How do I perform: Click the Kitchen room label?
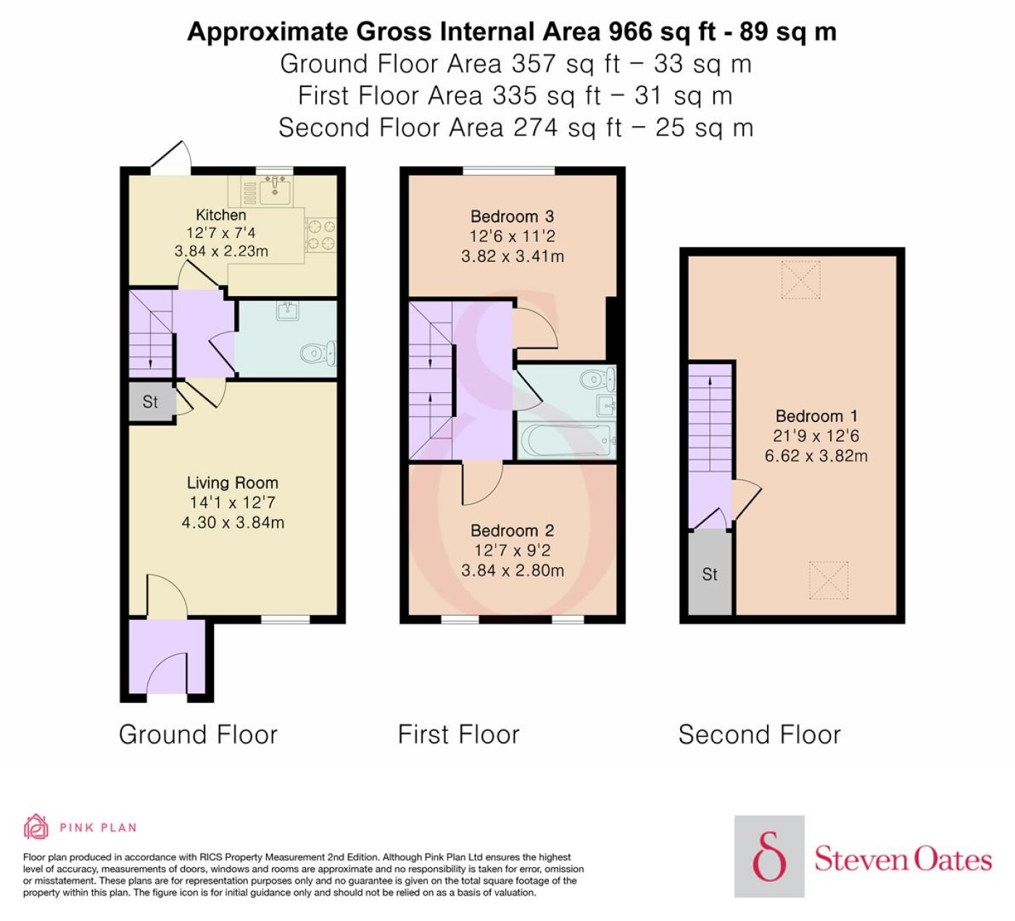pyautogui.click(x=221, y=215)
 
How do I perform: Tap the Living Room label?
pyautogui.click(x=233, y=483)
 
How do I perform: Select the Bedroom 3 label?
pyautogui.click(x=512, y=217)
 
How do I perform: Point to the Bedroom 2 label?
pyautogui.click(x=512, y=531)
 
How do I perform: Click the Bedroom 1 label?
pyautogui.click(x=816, y=416)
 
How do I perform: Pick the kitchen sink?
pyautogui.click(x=275, y=191)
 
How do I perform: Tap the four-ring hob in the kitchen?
pyautogui.click(x=321, y=234)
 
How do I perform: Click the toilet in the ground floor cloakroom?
pyautogui.click(x=318, y=352)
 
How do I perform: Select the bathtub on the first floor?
pyautogui.click(x=567, y=440)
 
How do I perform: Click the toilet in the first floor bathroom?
pyautogui.click(x=598, y=379)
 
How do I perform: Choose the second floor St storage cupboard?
pyautogui.click(x=710, y=573)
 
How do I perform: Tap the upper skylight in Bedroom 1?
pyautogui.click(x=801, y=279)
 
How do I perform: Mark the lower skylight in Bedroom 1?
pyautogui.click(x=829, y=580)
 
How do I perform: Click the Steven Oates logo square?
pyautogui.click(x=770, y=856)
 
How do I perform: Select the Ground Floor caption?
pyautogui.click(x=199, y=735)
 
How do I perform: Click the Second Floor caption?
pyautogui.click(x=760, y=735)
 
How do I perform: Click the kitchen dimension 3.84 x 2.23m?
pyautogui.click(x=221, y=251)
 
